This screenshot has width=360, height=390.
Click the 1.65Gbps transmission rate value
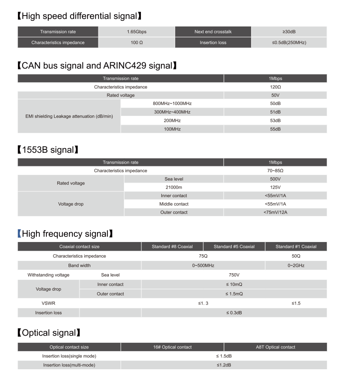pyautogui.click(x=136, y=32)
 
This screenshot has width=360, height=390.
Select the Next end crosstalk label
pyautogui.click(x=213, y=32)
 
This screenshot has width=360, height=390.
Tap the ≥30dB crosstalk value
pyautogui.click(x=289, y=32)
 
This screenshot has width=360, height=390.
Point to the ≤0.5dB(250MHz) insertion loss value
pyautogui.click(x=289, y=43)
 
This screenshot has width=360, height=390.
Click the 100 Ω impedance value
pyautogui.click(x=136, y=43)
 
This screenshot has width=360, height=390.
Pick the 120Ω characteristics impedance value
pyautogui.click(x=275, y=87)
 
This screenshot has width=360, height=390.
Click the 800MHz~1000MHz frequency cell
pyautogui.click(x=172, y=104)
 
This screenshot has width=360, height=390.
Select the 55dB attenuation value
pyautogui.click(x=275, y=129)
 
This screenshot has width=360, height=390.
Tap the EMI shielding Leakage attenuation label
pyautogui.click(x=69, y=116)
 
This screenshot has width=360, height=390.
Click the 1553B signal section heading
pyautogui.click(x=47, y=150)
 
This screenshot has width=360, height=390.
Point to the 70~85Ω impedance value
pyautogui.click(x=275, y=171)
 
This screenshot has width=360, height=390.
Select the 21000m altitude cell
pyautogui.click(x=174, y=187)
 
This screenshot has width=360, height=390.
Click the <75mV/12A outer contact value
pyautogui.click(x=275, y=212)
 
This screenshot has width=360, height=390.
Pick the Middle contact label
pyautogui.click(x=174, y=204)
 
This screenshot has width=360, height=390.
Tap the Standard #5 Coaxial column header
pyautogui.click(x=234, y=247)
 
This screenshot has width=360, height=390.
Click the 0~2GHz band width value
pyautogui.click(x=296, y=266)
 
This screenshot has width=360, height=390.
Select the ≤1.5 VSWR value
pyautogui.click(x=296, y=303)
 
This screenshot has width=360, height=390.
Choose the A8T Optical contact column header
pyautogui.click(x=275, y=347)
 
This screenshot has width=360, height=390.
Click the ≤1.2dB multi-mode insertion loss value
pyautogui.click(x=224, y=365)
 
